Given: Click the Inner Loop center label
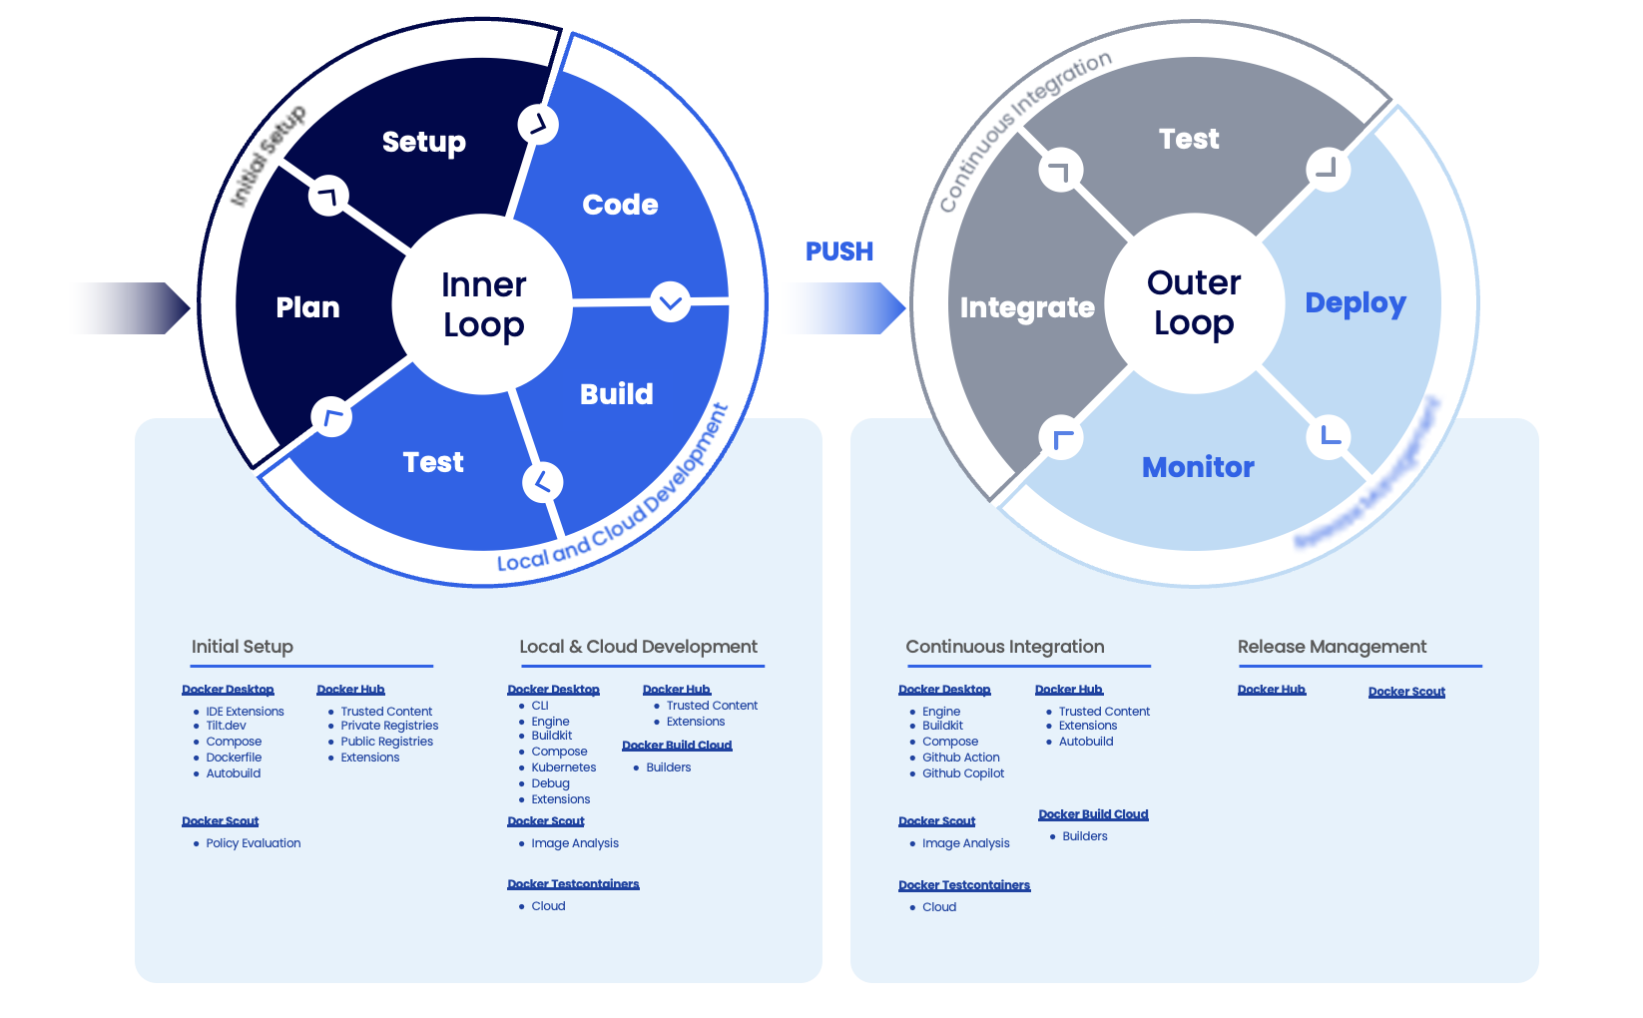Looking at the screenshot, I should pyautogui.click(x=483, y=304).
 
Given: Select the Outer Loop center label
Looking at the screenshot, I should pyautogui.click(x=1194, y=302).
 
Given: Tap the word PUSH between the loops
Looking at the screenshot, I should pyautogui.click(x=838, y=252).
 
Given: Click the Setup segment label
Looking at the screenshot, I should pyautogui.click(x=423, y=142).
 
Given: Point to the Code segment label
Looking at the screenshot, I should pyautogui.click(x=620, y=205).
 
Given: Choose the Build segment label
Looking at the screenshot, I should pyautogui.click(x=616, y=394).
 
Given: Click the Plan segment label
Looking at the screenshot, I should pyautogui.click(x=307, y=307).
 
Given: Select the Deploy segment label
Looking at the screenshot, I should pyautogui.click(x=1355, y=303).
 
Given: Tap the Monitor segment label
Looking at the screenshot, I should pyautogui.click(x=1198, y=467).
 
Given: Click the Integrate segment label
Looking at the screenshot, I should pyautogui.click(x=1027, y=307).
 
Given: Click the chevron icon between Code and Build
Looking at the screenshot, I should pyautogui.click(x=670, y=301).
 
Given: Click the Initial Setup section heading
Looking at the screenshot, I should pyautogui.click(x=242, y=647).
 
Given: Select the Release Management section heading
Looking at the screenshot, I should pyautogui.click(x=1332, y=647).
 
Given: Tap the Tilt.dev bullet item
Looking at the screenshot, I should pyautogui.click(x=226, y=726).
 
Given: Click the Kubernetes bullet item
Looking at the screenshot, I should pyautogui.click(x=563, y=767).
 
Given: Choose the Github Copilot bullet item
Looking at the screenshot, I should pyautogui.click(x=962, y=773).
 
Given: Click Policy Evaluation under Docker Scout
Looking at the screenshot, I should pyautogui.click(x=253, y=843).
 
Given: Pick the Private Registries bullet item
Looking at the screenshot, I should pyautogui.click(x=389, y=726).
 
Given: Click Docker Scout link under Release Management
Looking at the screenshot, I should pyautogui.click(x=1405, y=692).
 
